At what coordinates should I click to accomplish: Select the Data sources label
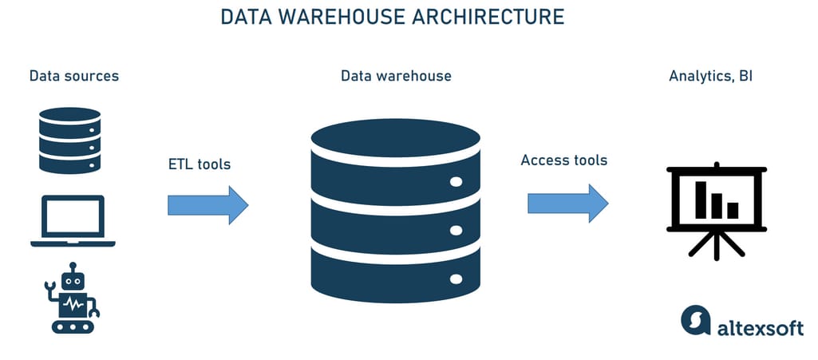(x=74, y=77)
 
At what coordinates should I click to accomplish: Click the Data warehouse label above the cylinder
(x=396, y=77)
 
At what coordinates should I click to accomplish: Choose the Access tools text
(x=563, y=160)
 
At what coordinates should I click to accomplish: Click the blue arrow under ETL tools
(x=207, y=205)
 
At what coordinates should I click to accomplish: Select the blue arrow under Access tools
(x=567, y=204)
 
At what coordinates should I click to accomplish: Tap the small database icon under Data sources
(x=69, y=140)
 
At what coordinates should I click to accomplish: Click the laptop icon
(x=73, y=221)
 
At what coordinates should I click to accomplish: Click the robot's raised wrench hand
(x=50, y=285)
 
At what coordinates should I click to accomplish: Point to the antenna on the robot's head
(x=73, y=266)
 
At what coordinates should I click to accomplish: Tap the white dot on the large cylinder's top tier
(x=456, y=181)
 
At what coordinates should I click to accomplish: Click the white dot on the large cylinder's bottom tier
(x=456, y=279)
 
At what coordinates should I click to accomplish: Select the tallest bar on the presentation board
(x=701, y=200)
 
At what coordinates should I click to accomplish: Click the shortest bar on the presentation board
(x=732, y=210)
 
